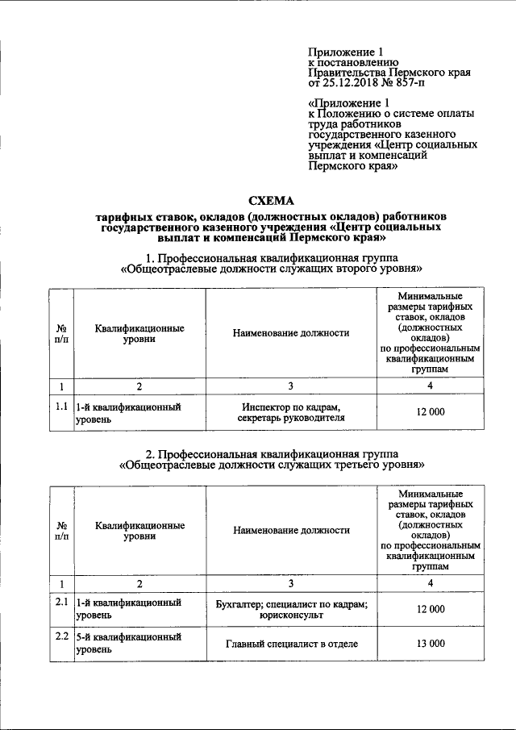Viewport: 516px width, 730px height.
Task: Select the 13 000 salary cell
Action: coord(431,644)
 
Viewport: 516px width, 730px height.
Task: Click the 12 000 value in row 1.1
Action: coord(431,412)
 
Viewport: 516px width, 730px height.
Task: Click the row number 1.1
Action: coord(60,407)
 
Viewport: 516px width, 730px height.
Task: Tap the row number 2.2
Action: coord(60,637)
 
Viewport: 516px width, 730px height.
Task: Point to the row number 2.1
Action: coord(60,603)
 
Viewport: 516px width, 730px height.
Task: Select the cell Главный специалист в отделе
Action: coord(291,644)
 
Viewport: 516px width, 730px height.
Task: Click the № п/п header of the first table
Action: coord(60,334)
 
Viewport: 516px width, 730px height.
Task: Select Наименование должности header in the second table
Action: coord(291,530)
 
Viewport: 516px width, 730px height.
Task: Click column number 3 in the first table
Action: coord(291,386)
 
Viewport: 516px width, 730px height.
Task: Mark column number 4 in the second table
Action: coord(431,582)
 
